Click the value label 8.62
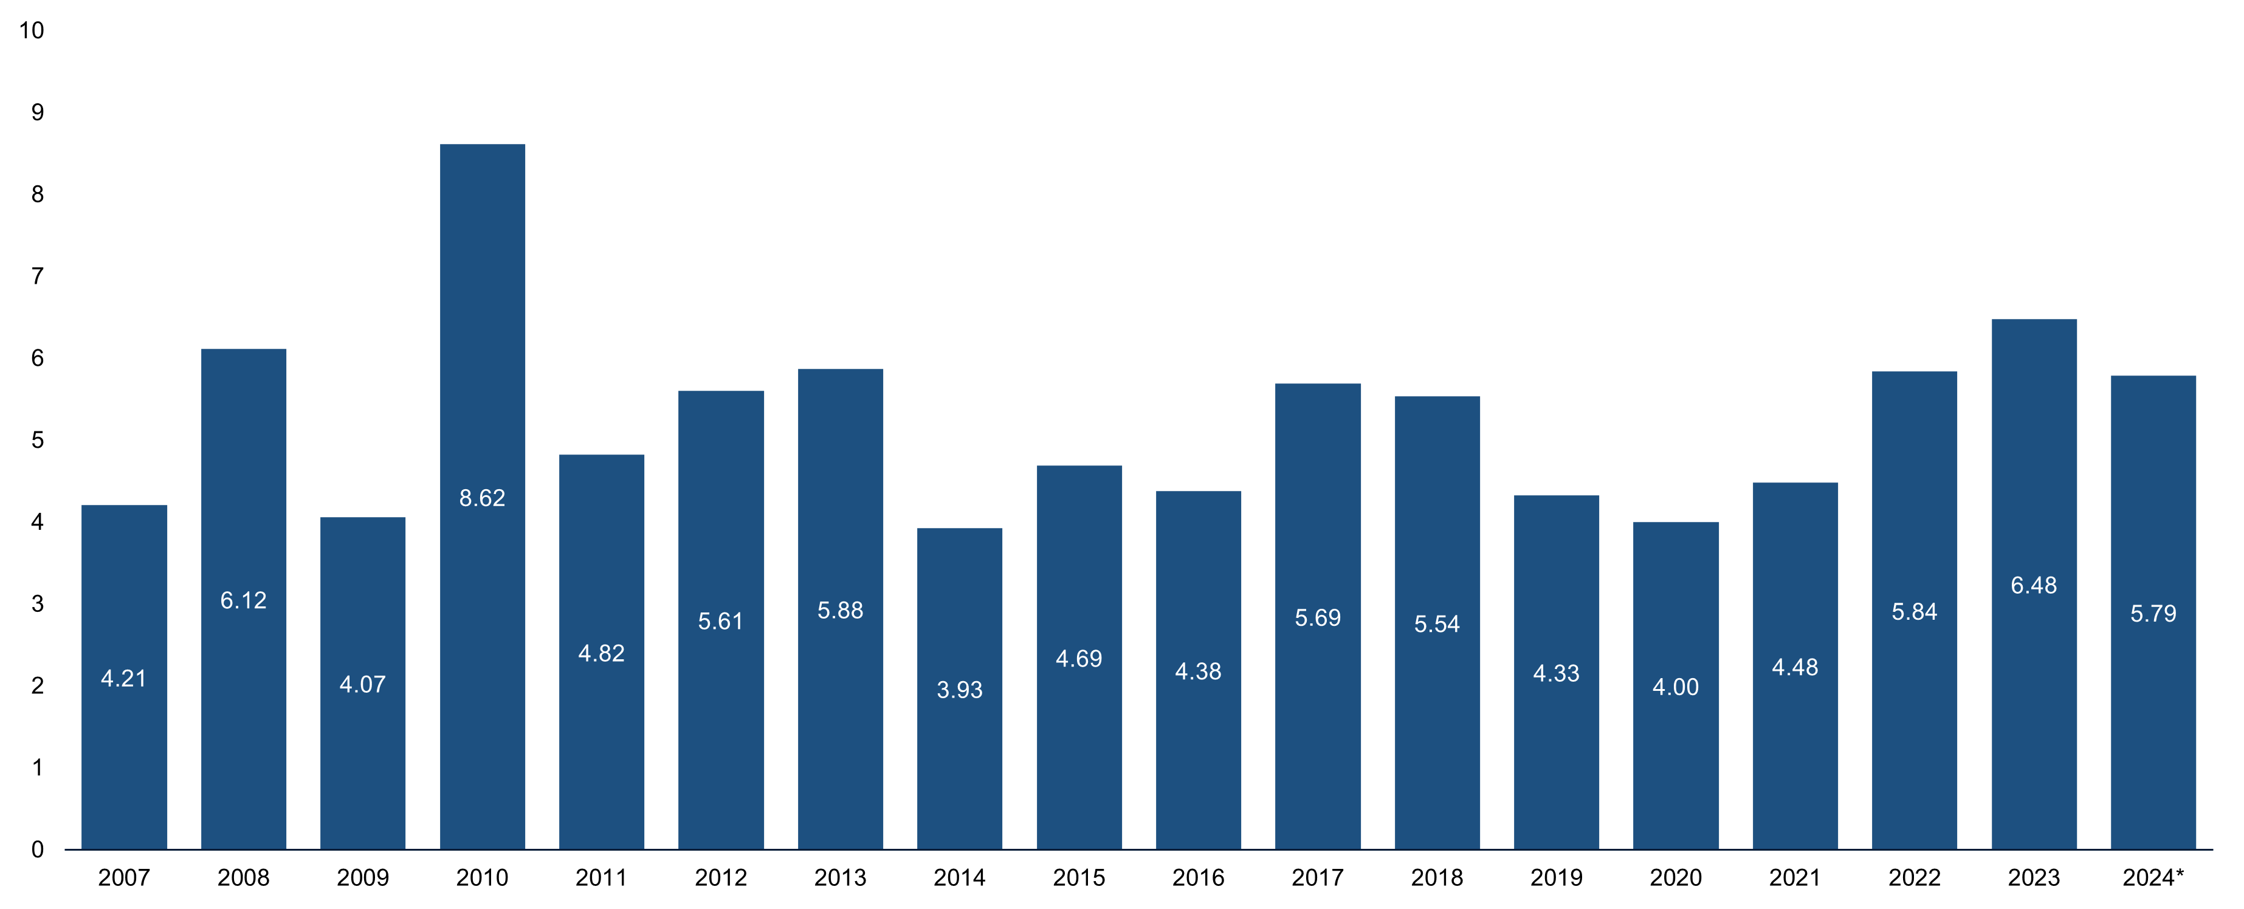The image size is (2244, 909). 482,498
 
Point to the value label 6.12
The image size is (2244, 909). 243,600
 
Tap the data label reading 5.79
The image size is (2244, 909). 2153,614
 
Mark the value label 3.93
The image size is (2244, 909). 959,690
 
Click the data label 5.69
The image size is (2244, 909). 1317,618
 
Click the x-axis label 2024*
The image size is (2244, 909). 2153,877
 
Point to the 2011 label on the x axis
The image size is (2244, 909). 601,877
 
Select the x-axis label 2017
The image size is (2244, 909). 1317,877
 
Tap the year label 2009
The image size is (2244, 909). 362,877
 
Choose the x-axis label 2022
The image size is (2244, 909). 1914,877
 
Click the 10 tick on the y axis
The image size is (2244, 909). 32,30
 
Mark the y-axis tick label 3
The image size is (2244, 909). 38,603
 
